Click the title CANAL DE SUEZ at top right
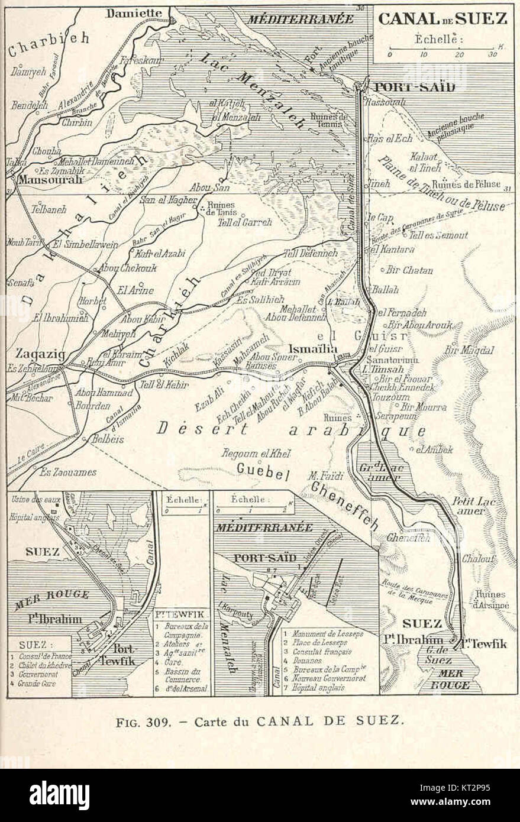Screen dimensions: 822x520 (443, 18)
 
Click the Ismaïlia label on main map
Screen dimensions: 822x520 (314, 349)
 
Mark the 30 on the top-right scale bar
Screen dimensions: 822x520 (492, 54)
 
